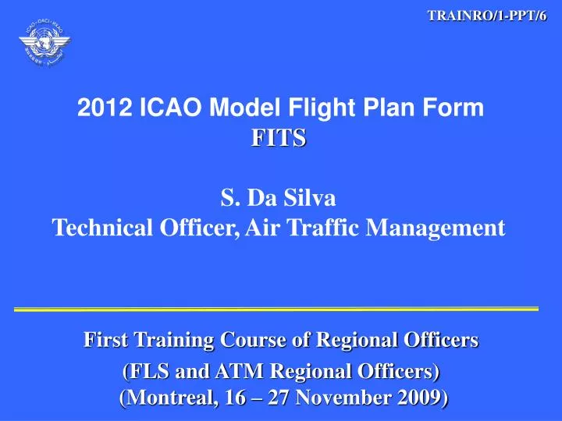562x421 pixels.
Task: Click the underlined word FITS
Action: (x=279, y=140)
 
